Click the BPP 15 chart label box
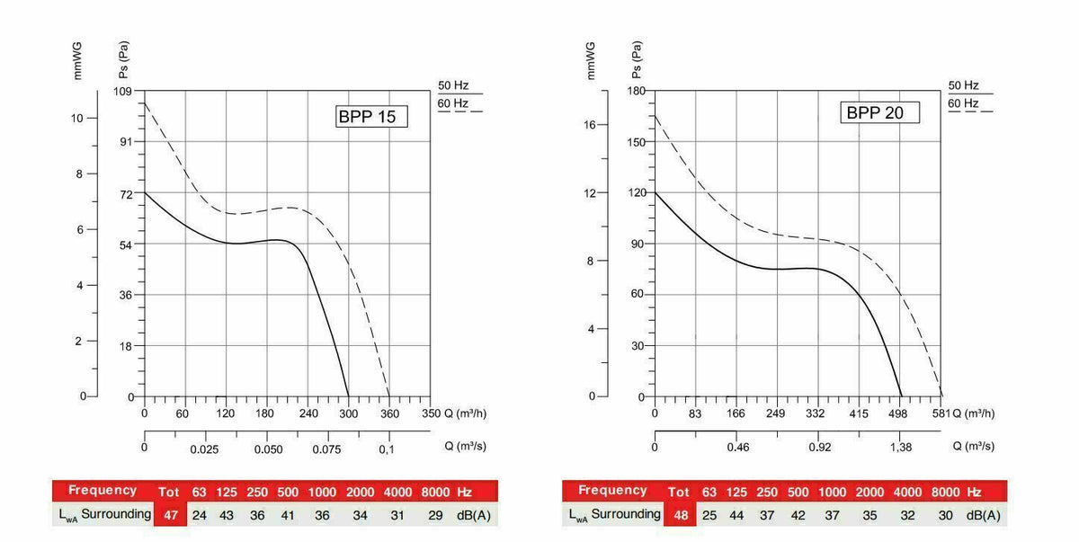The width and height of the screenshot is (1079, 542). coord(371,117)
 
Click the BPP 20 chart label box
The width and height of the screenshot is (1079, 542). coord(881,112)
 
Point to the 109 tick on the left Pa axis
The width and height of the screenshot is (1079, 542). coord(123,92)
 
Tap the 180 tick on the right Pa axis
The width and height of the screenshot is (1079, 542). coord(636,91)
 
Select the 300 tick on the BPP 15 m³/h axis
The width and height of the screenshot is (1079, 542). coord(348,413)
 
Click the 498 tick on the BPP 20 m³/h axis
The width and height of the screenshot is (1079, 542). coord(901,413)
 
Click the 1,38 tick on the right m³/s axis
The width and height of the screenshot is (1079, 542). coord(902,448)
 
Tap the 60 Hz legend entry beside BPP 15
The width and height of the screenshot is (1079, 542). coord(453,103)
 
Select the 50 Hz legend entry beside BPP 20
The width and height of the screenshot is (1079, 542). coord(963,85)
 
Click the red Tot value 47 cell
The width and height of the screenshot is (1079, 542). coord(168,514)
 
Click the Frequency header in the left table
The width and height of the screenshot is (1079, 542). coord(103,491)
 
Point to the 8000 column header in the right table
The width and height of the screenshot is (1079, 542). coord(945,492)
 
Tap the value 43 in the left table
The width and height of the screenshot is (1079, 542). coord(226,514)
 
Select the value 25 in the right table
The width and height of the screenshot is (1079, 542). coord(709,514)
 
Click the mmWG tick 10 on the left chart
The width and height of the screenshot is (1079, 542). coord(78,118)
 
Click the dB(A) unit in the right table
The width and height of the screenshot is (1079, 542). coord(983,514)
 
